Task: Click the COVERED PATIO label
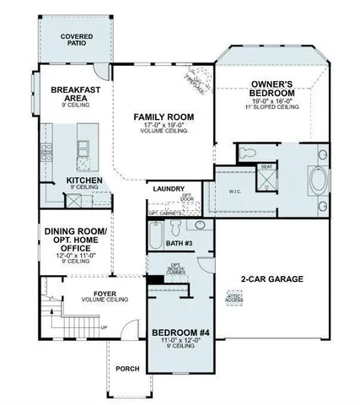(77, 42)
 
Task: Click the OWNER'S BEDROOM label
(271, 89)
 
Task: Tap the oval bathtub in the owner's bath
(321, 181)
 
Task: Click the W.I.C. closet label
(235, 191)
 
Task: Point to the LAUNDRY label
(169, 189)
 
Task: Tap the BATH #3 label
(180, 243)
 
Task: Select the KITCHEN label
(83, 181)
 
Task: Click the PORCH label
(127, 368)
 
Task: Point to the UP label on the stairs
(104, 327)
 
